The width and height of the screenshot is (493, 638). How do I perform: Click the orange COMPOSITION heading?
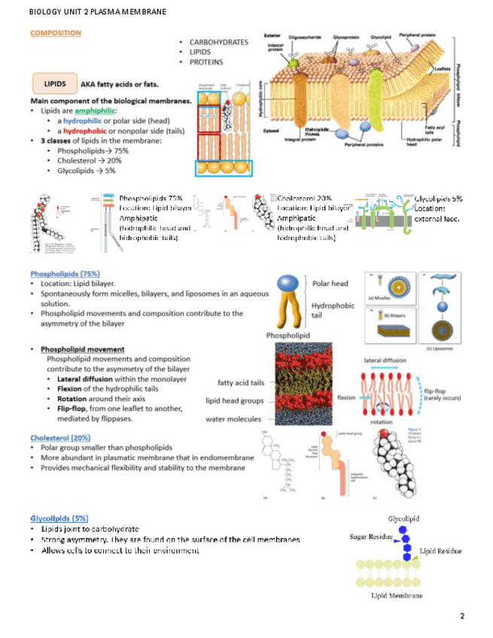click(x=56, y=33)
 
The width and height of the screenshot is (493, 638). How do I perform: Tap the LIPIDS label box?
click(x=54, y=84)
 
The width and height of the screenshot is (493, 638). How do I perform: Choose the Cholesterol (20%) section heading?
click(x=60, y=438)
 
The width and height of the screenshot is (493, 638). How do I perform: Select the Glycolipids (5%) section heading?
click(x=59, y=518)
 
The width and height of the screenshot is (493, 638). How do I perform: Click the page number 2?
click(x=462, y=616)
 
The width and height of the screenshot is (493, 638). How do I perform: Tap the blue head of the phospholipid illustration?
click(x=290, y=284)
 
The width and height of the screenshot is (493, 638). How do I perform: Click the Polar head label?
click(x=330, y=284)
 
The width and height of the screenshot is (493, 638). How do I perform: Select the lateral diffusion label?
click(x=385, y=360)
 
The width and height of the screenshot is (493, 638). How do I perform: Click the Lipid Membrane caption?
click(x=397, y=595)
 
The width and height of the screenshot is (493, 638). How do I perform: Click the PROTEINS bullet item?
click(x=208, y=62)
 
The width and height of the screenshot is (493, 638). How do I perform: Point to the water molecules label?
click(x=233, y=419)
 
